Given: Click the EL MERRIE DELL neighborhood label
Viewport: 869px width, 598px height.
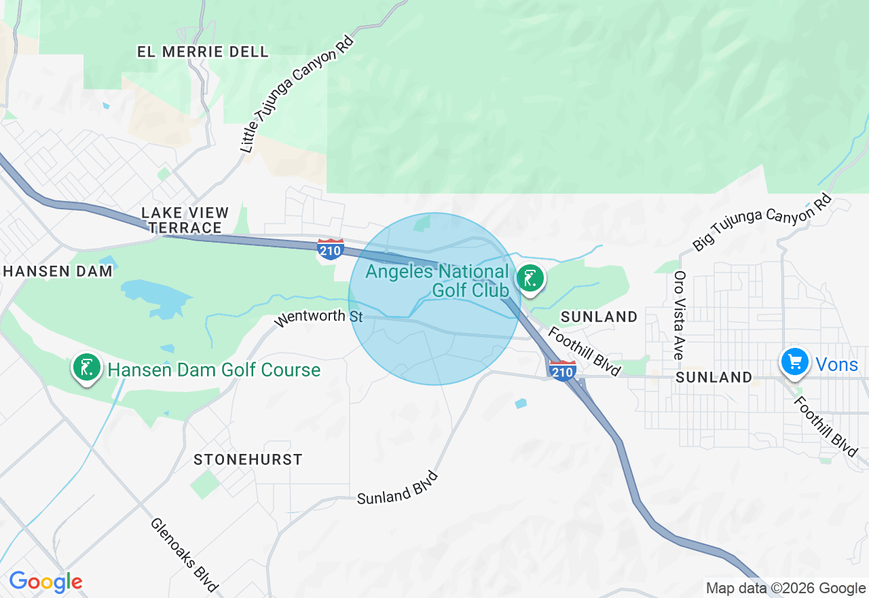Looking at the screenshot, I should click(202, 52).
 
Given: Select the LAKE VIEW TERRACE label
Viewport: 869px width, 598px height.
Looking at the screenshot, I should click(185, 220).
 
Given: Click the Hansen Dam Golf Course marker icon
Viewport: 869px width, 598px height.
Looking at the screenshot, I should click(86, 368).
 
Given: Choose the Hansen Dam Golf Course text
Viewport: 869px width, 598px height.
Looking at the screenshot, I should click(214, 370).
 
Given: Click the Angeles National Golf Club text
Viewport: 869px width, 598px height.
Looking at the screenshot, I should click(437, 281).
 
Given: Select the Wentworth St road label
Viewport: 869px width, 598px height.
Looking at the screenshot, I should click(319, 317).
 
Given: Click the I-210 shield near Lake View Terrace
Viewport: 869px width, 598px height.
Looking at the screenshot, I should click(330, 249).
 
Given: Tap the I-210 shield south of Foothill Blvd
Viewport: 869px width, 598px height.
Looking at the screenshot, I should click(563, 371).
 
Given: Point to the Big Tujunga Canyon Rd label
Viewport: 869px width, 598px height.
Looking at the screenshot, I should click(762, 222).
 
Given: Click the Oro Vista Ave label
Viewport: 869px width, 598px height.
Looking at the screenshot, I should click(678, 315).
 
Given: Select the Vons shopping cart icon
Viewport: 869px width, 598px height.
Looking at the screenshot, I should click(794, 362).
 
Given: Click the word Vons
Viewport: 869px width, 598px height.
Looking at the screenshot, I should click(836, 365).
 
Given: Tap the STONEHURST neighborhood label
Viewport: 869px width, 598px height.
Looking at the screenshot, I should click(248, 459).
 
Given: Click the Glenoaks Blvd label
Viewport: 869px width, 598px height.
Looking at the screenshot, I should click(184, 555).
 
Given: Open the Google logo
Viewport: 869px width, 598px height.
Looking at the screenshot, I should click(45, 582).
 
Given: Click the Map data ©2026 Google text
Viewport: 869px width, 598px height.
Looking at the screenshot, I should click(785, 588).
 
